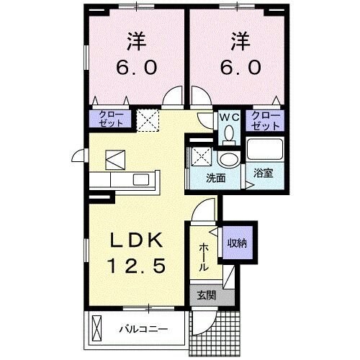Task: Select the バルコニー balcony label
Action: click(x=143, y=330)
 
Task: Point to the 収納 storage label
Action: click(x=238, y=243)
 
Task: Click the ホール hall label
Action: click(x=204, y=256)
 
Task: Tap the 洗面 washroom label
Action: click(x=217, y=179)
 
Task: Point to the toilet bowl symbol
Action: click(x=230, y=133)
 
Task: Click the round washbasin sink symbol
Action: click(x=229, y=159)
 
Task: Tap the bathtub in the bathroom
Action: click(x=265, y=150)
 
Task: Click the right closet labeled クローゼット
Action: click(x=266, y=119)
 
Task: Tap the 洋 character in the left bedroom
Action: click(x=134, y=40)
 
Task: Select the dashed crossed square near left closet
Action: click(x=148, y=118)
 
